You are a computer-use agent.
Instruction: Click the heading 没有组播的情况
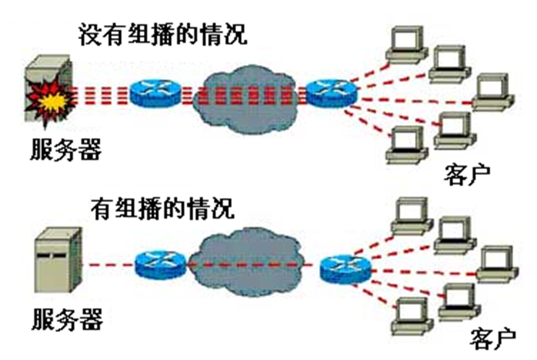coord(162,35)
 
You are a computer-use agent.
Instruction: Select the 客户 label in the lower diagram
coord(492,339)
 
